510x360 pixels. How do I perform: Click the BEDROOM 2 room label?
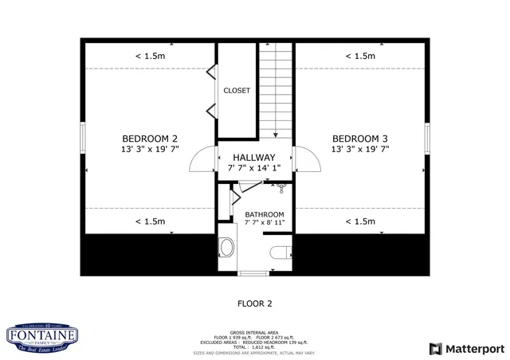(150, 137)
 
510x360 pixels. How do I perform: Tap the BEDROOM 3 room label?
(360, 137)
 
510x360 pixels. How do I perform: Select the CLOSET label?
(237, 91)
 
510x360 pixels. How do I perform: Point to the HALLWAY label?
(254, 158)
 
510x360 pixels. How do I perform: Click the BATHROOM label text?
(264, 214)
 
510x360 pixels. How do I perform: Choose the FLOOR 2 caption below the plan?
(255, 303)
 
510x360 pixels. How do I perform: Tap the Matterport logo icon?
(434, 349)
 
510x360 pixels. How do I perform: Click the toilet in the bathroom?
(280, 252)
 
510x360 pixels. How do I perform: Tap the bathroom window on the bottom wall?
(254, 273)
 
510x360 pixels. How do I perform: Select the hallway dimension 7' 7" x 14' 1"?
(254, 168)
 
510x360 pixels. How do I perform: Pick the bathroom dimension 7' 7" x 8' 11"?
(264, 224)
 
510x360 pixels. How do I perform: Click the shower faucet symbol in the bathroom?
(280, 188)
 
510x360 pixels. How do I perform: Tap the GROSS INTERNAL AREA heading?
(254, 332)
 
